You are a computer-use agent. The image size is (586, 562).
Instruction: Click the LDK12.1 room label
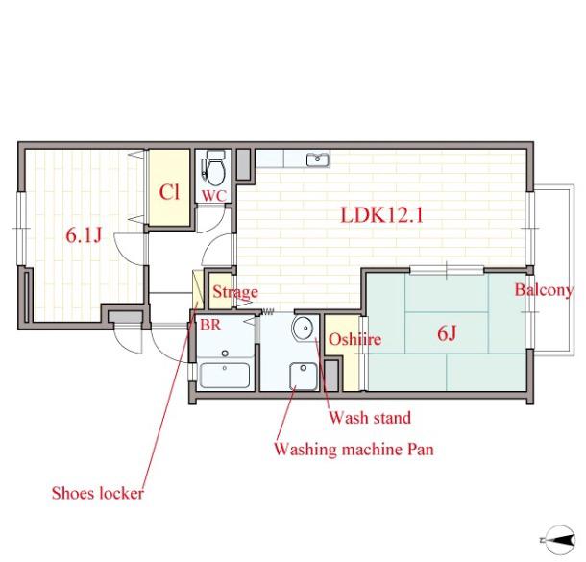click(381, 215)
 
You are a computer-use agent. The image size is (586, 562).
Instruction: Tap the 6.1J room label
click(84, 235)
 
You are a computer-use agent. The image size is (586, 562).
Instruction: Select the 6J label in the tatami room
click(447, 333)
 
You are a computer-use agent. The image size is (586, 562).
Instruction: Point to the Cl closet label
click(169, 192)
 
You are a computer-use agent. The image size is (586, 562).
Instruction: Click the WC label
click(214, 195)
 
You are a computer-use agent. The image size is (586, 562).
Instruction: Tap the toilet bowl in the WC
click(214, 169)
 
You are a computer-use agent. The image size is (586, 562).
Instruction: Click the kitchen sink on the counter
click(318, 159)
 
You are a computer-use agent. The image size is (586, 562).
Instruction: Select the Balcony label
click(544, 290)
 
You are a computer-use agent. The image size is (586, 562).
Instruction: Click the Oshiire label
click(354, 339)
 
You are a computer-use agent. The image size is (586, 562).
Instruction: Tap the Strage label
click(235, 292)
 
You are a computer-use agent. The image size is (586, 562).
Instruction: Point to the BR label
click(210, 325)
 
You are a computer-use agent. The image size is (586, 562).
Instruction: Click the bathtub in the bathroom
click(224, 376)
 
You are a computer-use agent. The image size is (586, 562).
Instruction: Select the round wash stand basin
click(304, 329)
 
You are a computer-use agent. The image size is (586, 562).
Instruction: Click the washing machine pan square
click(304, 377)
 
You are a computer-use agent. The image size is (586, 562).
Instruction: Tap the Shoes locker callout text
click(98, 493)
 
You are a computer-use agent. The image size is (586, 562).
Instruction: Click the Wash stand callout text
click(370, 417)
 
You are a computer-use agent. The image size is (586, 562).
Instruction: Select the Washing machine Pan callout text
click(354, 450)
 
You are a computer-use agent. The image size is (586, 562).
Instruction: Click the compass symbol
click(559, 540)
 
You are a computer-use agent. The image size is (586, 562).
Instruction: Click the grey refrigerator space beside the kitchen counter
click(244, 164)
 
